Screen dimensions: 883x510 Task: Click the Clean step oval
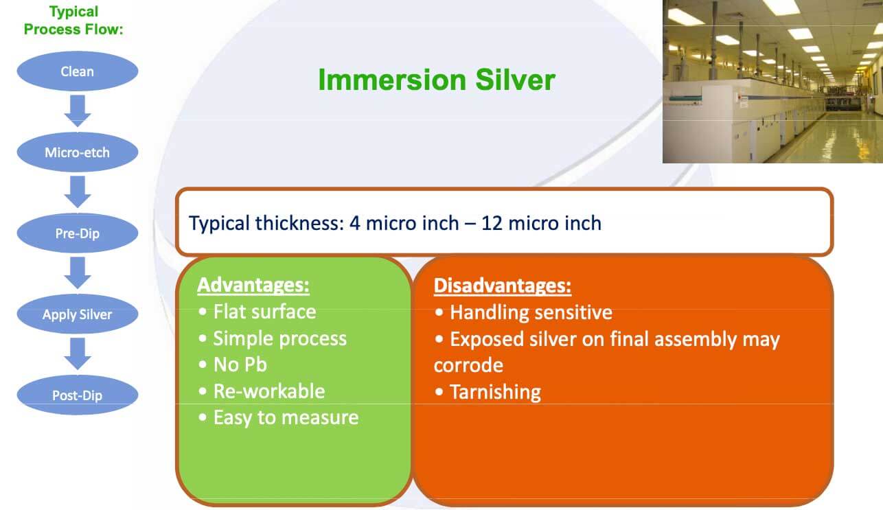[78, 71]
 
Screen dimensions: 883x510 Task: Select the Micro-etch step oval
[78, 152]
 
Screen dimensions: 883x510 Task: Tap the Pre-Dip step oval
[78, 233]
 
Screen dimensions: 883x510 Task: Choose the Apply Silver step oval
[78, 314]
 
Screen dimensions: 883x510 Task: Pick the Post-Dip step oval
[78, 395]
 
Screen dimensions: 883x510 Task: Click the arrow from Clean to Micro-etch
[78, 111]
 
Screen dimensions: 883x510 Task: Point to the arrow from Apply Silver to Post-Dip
[78, 353]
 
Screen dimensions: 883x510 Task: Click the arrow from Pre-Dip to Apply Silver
[78, 273]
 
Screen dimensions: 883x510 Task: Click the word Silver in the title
[515, 80]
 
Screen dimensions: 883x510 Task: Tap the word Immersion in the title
[392, 80]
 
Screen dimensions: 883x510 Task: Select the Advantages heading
[253, 285]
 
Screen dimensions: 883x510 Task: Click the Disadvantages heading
[502, 286]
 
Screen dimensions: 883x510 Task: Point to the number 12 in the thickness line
[492, 224]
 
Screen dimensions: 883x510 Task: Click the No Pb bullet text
[240, 364]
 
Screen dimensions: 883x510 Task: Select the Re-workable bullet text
[269, 391]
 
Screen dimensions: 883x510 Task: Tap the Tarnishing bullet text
[496, 393]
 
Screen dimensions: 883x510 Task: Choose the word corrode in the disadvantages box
[468, 365]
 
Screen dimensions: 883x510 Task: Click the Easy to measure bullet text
[286, 418]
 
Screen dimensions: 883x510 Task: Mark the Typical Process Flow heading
[73, 21]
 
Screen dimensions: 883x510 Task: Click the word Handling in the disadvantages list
[489, 313]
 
